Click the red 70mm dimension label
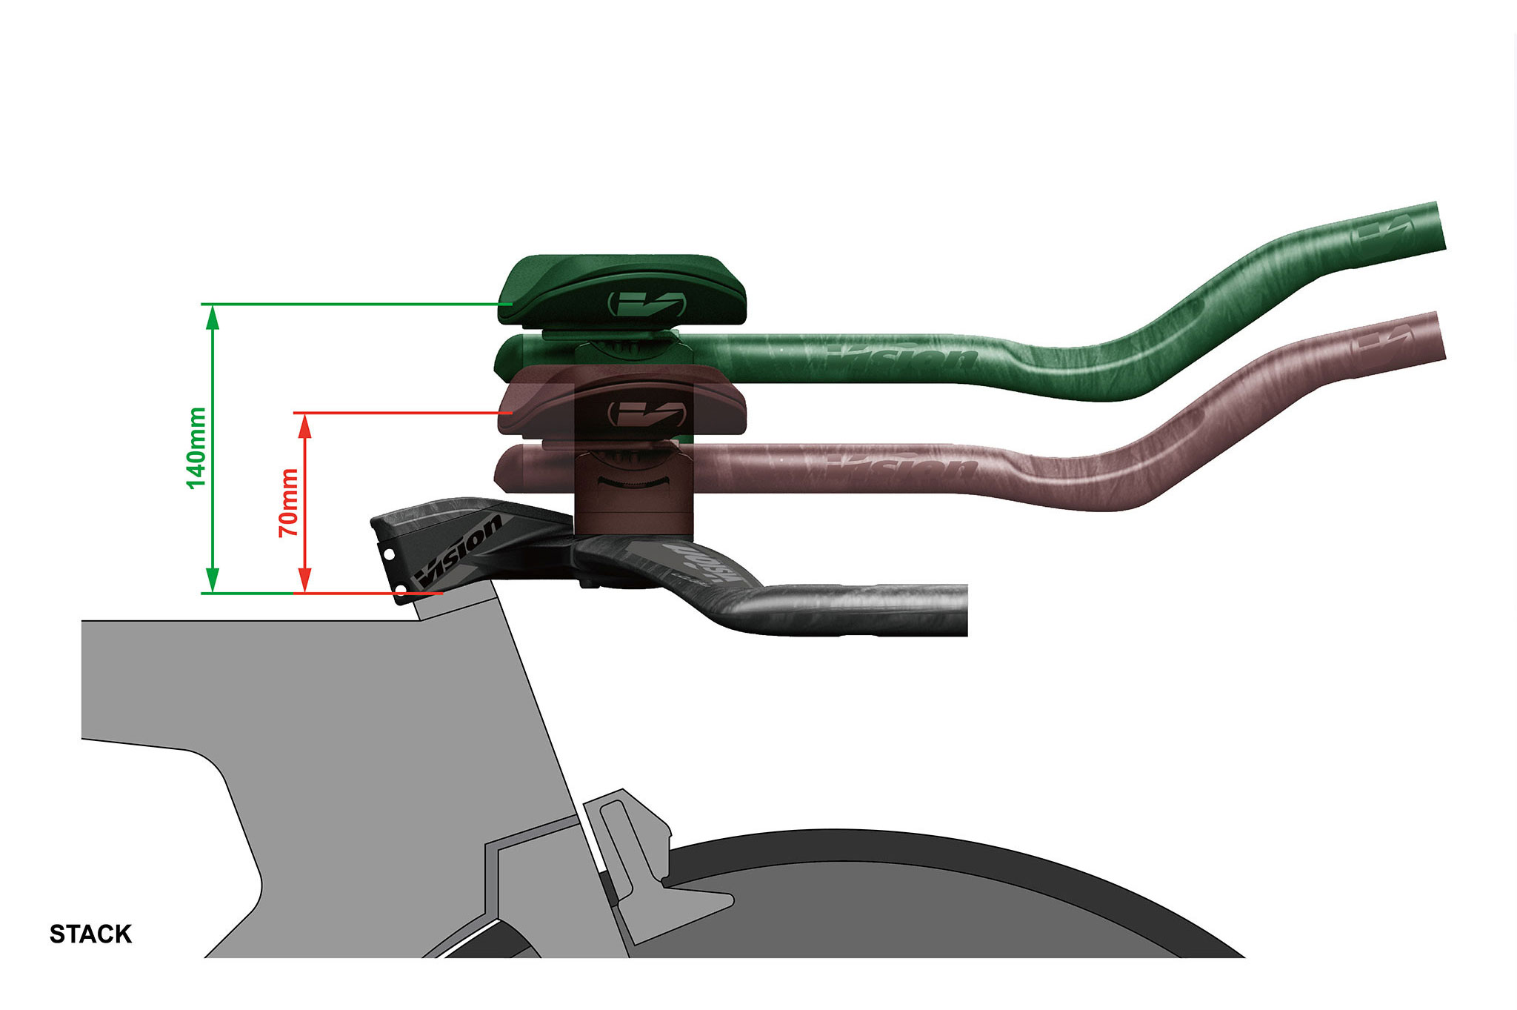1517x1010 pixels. point(288,502)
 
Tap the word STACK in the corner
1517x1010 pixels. point(90,934)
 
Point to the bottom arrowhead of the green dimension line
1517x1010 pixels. point(213,581)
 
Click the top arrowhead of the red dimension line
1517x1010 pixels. point(304,425)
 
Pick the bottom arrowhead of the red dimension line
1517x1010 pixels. point(304,581)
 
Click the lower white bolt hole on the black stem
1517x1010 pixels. point(401,590)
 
